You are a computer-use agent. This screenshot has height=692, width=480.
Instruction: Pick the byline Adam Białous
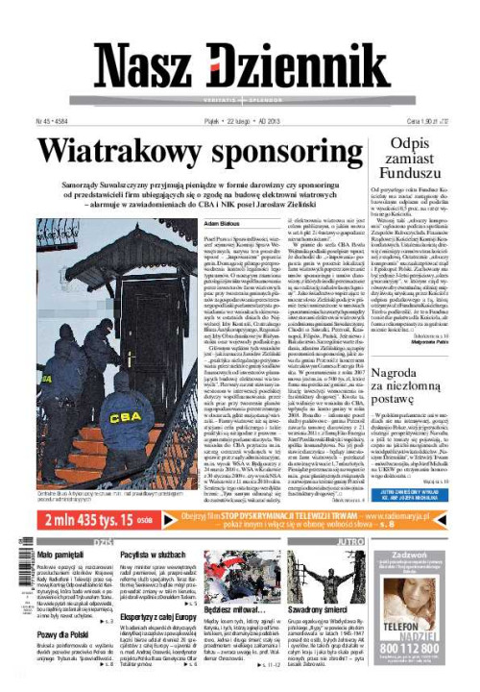click(222, 224)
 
